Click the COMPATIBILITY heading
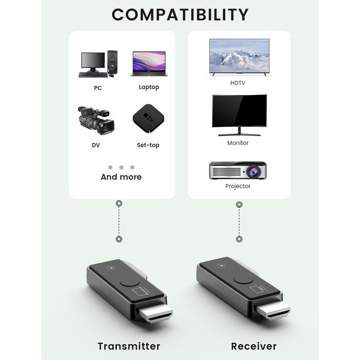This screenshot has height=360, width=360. (x=180, y=14)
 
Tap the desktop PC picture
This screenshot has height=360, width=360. (x=99, y=64)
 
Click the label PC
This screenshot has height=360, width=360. (x=98, y=88)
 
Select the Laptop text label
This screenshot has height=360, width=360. (x=149, y=87)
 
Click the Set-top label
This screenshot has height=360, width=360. (x=148, y=145)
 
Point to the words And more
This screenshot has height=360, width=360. (x=121, y=177)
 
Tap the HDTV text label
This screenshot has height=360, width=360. (x=238, y=83)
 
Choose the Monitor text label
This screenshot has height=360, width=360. (x=238, y=143)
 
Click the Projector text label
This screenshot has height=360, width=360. (x=238, y=186)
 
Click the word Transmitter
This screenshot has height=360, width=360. (x=129, y=346)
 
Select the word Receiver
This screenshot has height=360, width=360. (x=254, y=346)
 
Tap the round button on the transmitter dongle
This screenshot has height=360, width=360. (x=126, y=283)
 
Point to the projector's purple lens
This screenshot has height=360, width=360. (x=251, y=171)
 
